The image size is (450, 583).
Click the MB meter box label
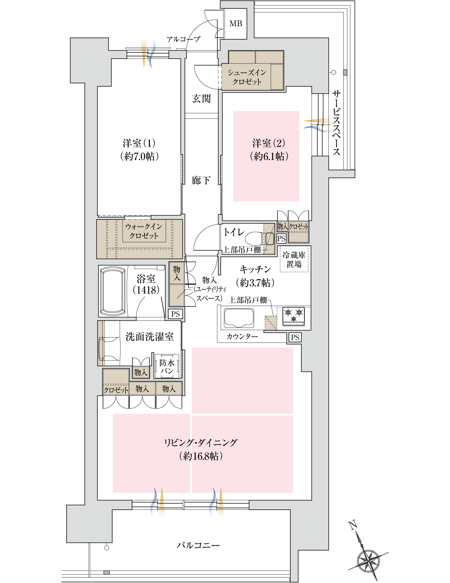236,24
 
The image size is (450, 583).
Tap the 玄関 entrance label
201,98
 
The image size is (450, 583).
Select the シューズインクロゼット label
247,77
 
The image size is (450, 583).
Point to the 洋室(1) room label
139,143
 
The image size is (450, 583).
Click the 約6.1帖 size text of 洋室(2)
269,156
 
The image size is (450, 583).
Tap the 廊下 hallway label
201,180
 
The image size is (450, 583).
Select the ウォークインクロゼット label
144,231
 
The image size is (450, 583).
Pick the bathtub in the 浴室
113,291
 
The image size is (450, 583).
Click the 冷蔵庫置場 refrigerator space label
294,259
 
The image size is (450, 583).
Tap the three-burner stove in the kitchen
293,316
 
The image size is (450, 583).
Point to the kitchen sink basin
239,318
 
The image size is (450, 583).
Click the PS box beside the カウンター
295,337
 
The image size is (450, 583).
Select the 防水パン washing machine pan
167,367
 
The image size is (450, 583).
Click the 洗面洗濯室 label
149,337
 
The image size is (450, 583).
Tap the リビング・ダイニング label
201,443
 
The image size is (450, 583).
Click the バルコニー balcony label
198,545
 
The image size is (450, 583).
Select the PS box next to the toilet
281,239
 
